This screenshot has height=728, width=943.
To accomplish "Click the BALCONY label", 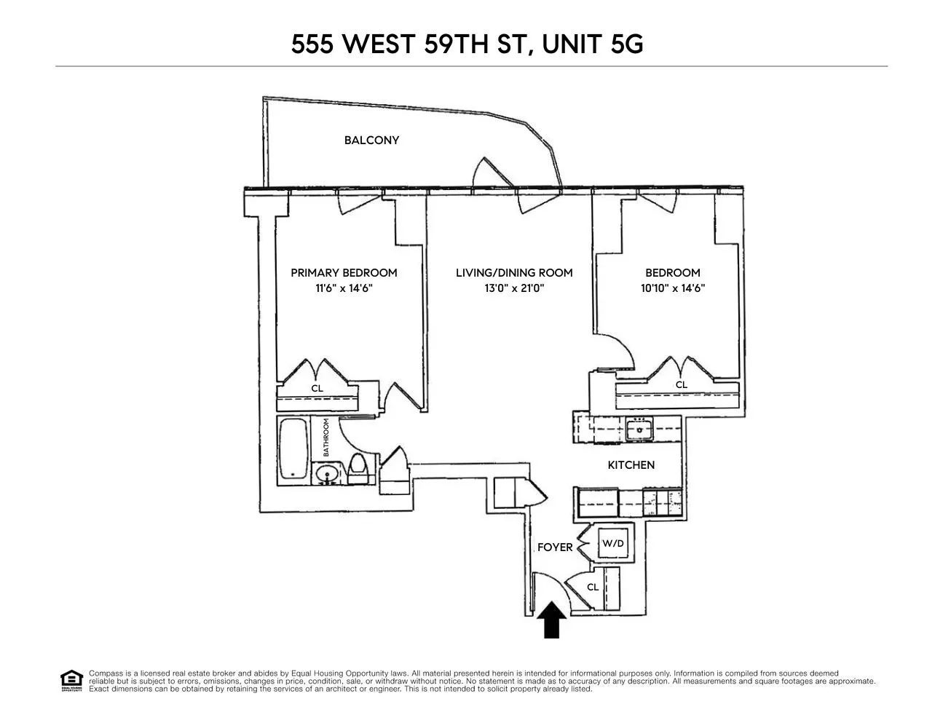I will click(x=371, y=141).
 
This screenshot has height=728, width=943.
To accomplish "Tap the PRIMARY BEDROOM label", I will click(x=344, y=273).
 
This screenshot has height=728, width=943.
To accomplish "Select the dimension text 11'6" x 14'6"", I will click(x=344, y=288).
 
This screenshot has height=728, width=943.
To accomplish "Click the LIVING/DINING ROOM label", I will click(x=514, y=273).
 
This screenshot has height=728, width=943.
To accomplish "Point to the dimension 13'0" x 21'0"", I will click(x=514, y=288).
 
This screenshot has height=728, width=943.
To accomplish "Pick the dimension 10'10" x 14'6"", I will click(x=672, y=288).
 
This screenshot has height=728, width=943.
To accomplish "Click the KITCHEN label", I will click(x=631, y=465).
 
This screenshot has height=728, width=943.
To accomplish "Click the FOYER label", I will click(x=555, y=547).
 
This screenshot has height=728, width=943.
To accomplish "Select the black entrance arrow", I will click(x=553, y=620).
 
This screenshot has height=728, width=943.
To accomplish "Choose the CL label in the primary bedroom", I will click(x=317, y=389).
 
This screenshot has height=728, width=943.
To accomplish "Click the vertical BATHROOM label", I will click(x=326, y=437).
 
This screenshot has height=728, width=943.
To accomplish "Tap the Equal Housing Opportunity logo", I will click(x=71, y=681).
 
